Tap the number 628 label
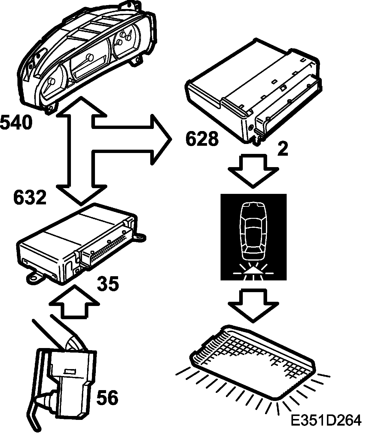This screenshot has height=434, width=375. click(x=202, y=139)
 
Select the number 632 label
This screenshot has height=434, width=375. click(x=30, y=198)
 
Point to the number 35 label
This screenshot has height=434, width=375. click(x=108, y=284)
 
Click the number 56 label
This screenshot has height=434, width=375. click(x=107, y=398)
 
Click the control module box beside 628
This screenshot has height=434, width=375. click(x=255, y=90)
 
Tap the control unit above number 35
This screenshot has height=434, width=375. click(x=78, y=243)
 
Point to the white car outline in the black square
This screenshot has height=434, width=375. click(x=253, y=231)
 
